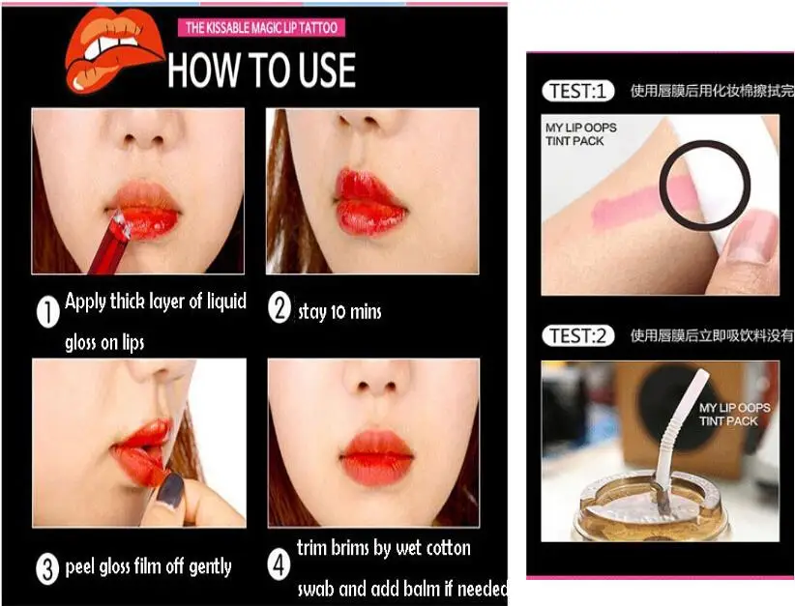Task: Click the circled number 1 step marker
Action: (x=47, y=312)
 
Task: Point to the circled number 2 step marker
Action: (x=280, y=310)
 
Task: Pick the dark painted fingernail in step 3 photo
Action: (x=171, y=489)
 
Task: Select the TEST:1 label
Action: (x=577, y=92)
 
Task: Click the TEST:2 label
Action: (x=577, y=336)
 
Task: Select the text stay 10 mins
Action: (x=339, y=311)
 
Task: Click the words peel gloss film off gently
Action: (x=148, y=567)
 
